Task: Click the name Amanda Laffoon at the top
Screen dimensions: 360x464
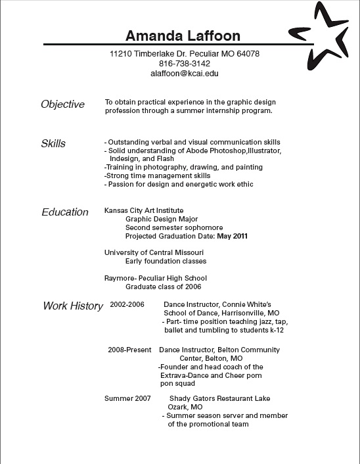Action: click(183, 35)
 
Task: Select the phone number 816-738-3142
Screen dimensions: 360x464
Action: click(185, 64)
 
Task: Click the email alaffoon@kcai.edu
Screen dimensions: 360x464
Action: click(185, 74)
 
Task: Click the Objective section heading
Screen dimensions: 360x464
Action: click(62, 104)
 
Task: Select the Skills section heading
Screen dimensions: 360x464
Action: click(53, 144)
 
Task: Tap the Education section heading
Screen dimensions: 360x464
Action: click(64, 212)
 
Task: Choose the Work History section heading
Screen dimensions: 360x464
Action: click(73, 306)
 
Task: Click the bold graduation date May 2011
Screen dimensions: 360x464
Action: click(232, 236)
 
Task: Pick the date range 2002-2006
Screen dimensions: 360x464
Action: click(127, 305)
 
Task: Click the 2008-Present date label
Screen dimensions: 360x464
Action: click(129, 350)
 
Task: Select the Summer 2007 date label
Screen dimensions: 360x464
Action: click(127, 398)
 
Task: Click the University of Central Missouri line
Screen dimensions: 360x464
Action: click(154, 252)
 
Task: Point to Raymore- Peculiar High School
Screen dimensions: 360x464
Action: click(156, 278)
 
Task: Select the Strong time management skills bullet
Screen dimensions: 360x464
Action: click(158, 175)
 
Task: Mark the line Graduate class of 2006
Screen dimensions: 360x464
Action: click(164, 287)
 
